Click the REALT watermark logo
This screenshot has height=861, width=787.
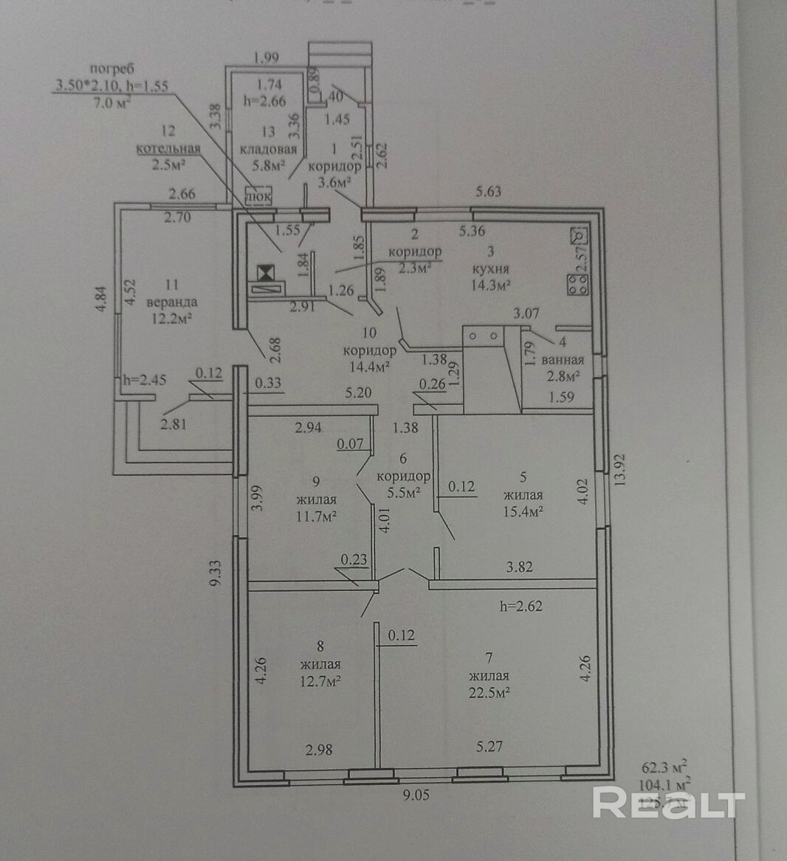point(669,803)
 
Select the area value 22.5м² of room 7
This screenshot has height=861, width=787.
point(489,692)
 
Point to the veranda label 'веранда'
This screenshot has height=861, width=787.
point(172,302)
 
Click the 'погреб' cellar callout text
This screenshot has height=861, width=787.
point(111,69)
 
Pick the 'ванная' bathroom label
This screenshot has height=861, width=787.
point(563,360)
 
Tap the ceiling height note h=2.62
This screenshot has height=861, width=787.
point(521,606)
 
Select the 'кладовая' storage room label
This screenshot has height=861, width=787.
point(269,149)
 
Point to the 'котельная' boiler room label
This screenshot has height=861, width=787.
point(168,148)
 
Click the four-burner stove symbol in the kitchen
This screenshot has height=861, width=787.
point(577,285)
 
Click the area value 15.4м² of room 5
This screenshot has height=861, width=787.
point(523,511)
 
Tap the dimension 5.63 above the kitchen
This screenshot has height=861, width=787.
point(488,192)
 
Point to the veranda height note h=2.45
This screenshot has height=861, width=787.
point(145,381)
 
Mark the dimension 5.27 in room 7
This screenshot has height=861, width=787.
point(489,747)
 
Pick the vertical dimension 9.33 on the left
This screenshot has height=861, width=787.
point(216,573)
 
